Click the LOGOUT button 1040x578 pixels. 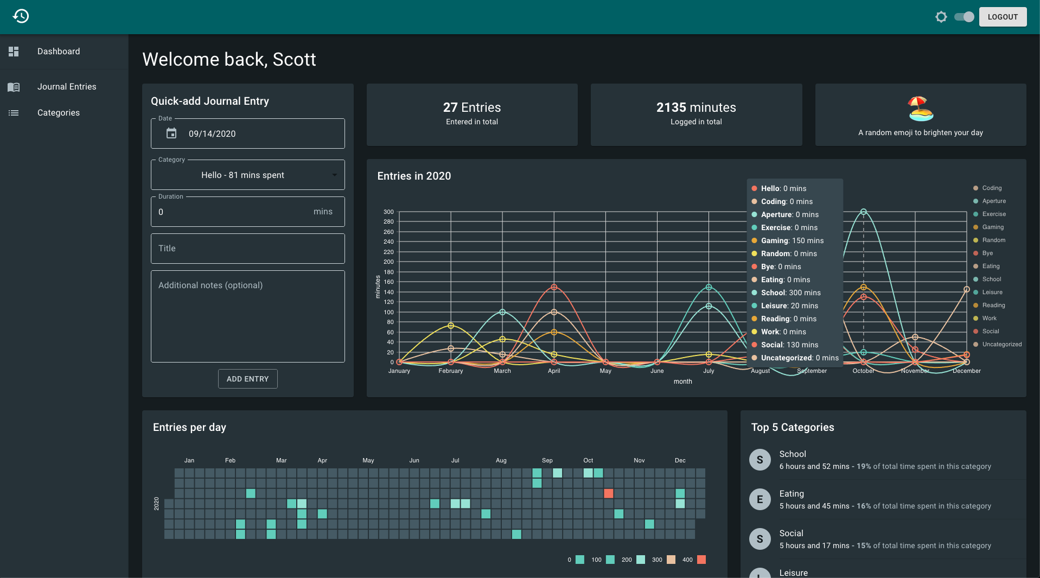1003,17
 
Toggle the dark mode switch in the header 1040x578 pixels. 964,17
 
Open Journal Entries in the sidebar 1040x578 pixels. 67,87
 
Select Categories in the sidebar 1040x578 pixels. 59,113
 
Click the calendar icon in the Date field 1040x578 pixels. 171,134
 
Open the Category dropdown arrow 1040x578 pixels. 334,175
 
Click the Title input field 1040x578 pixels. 248,249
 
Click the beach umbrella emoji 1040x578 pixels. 921,109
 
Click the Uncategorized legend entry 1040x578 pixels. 998,344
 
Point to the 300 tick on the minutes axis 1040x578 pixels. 388,212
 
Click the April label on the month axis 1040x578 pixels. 554,371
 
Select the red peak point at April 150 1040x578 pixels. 554,287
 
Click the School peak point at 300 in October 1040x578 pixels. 864,212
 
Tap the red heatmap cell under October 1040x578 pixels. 609,493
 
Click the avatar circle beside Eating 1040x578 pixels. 760,499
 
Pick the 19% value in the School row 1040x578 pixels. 864,467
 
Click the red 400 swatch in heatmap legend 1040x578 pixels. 701,560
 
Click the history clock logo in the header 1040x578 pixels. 21,16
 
